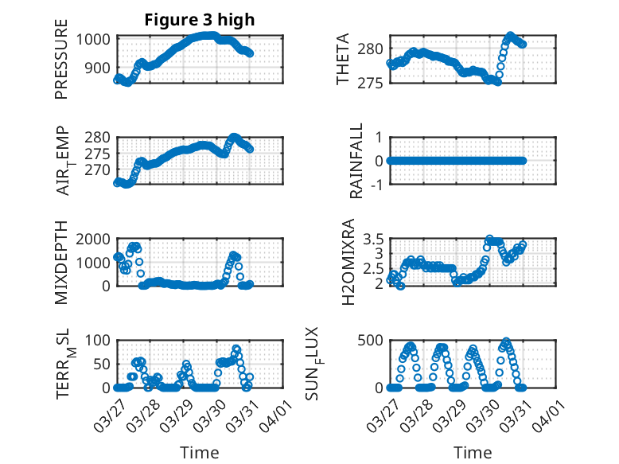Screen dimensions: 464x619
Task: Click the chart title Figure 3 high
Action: click(199, 20)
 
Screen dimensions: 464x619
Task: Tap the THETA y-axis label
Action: click(344, 59)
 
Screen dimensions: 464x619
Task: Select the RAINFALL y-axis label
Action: click(357, 160)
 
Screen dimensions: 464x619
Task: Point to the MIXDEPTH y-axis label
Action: click(62, 262)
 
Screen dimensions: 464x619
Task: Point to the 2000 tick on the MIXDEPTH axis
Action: click(94, 239)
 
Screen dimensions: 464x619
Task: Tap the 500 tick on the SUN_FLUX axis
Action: click(372, 340)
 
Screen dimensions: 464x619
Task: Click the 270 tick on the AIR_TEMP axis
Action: click(99, 170)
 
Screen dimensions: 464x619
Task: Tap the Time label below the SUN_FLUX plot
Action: click(473, 452)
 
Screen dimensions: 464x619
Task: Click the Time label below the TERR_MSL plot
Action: click(199, 452)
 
